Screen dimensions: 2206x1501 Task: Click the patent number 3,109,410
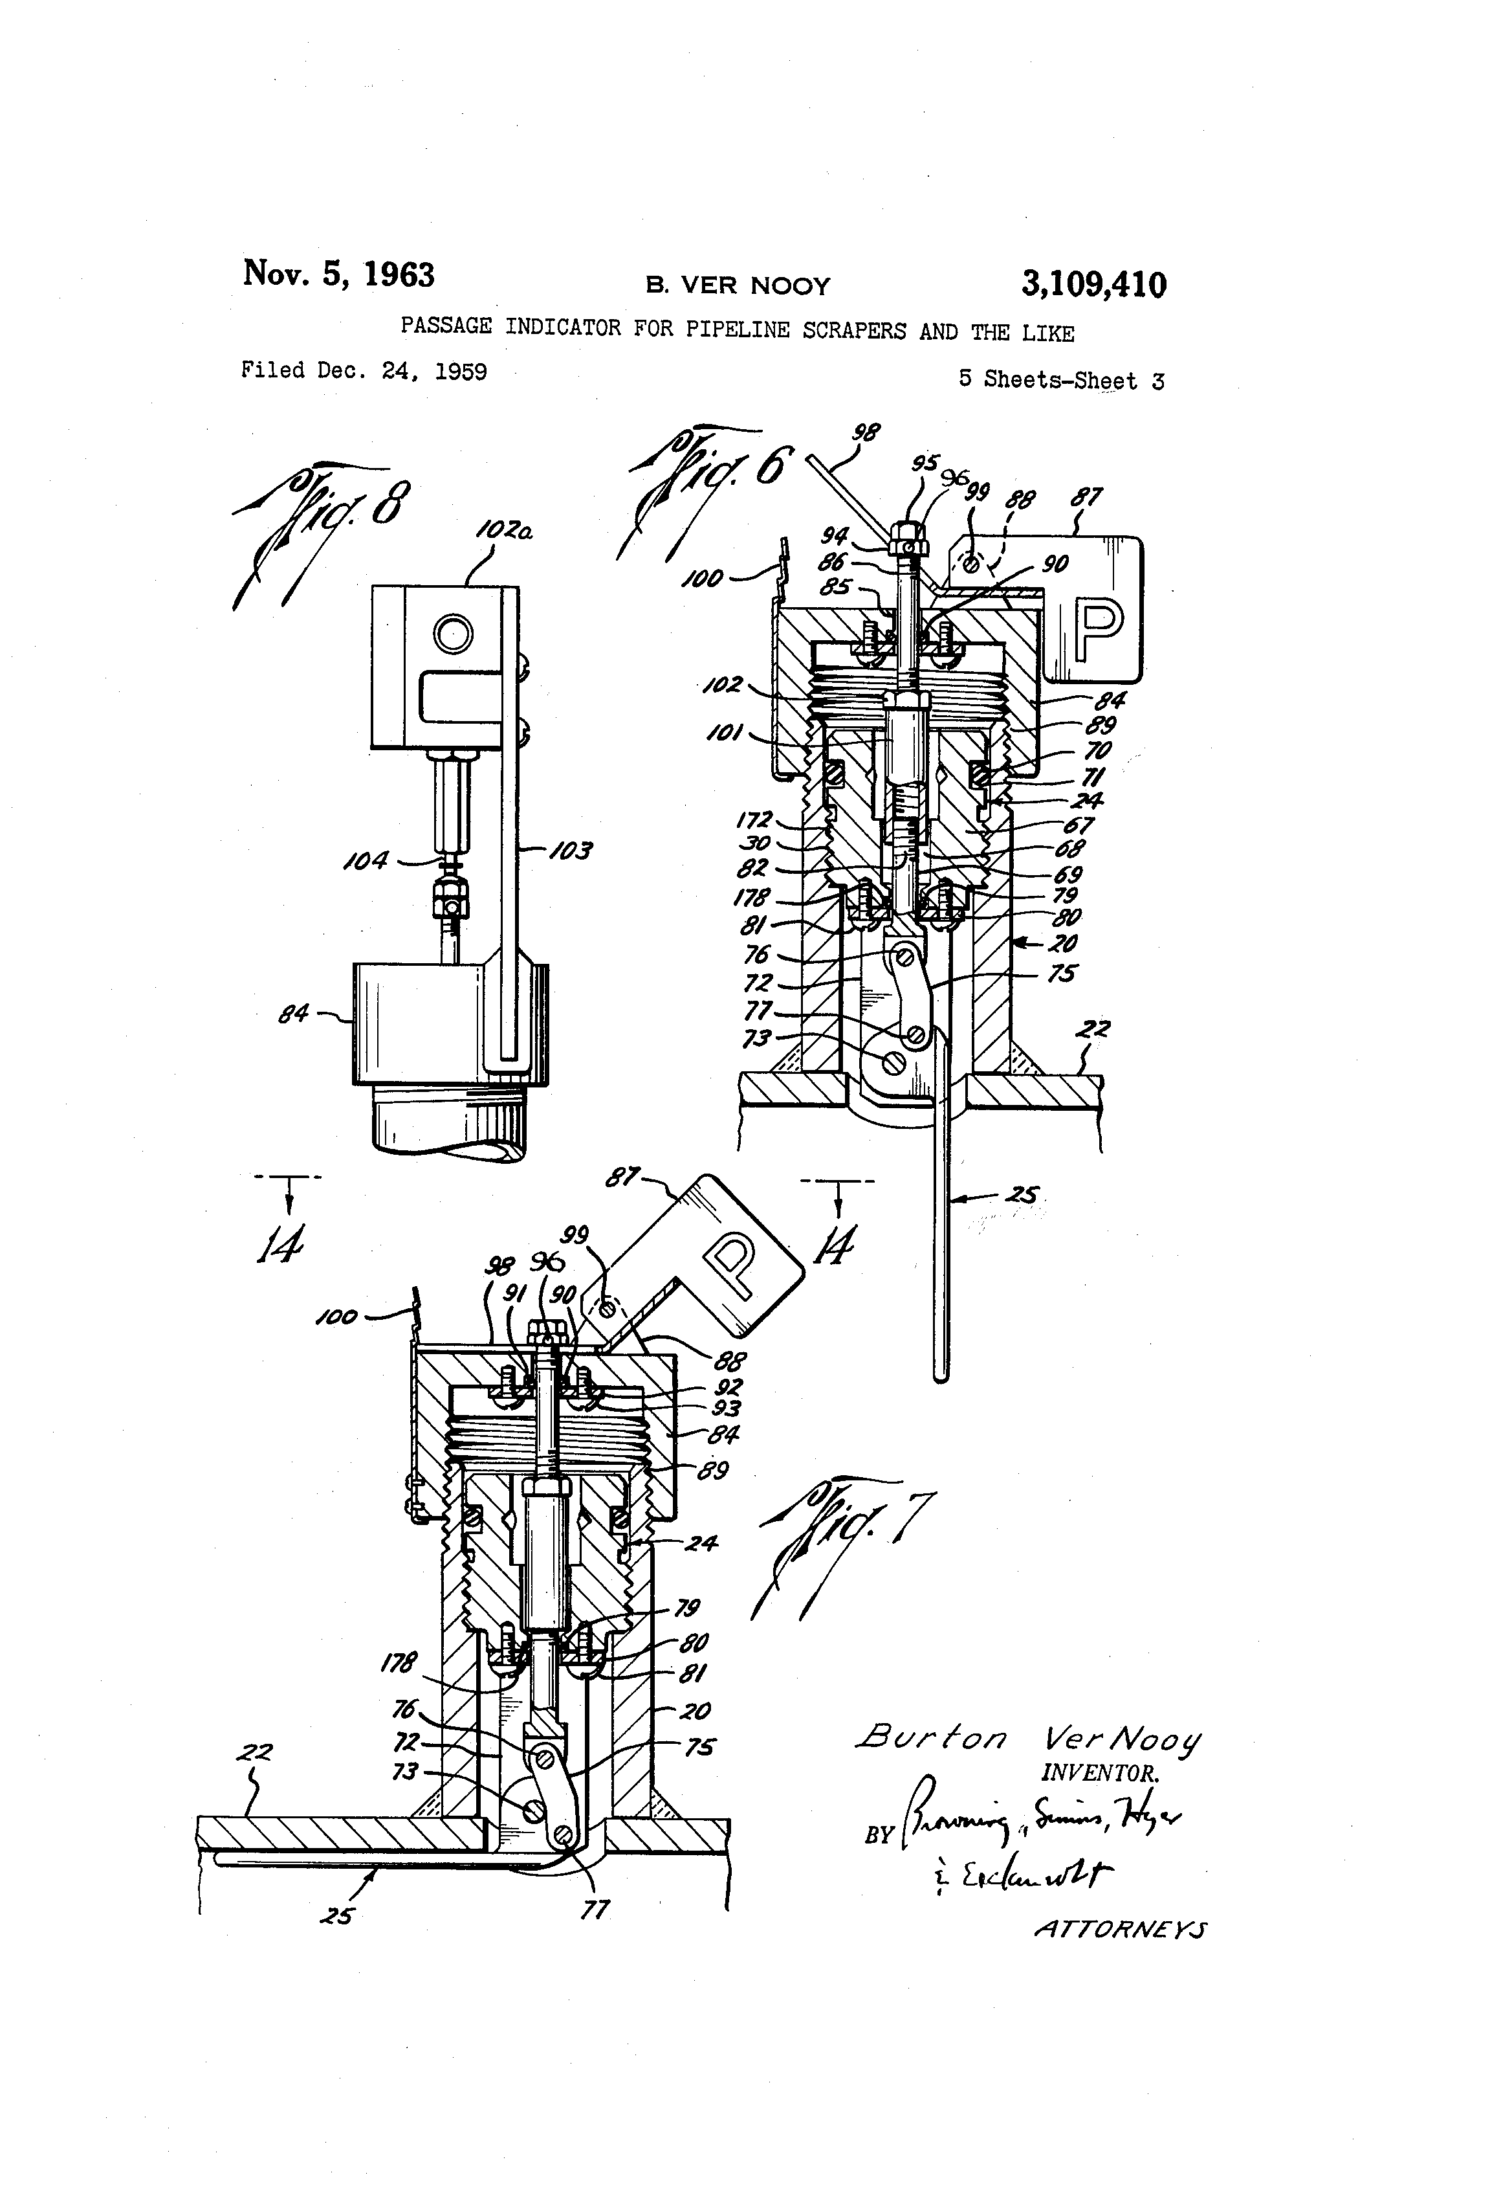point(1093,284)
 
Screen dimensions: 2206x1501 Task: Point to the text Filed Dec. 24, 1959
point(364,370)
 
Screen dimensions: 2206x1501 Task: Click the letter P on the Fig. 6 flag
point(1098,627)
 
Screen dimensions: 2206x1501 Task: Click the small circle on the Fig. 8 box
point(454,633)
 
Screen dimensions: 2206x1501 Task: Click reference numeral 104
point(366,861)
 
